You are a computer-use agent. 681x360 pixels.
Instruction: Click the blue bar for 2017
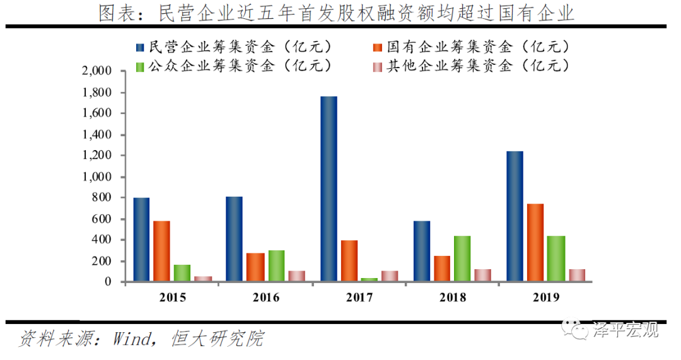(x=329, y=189)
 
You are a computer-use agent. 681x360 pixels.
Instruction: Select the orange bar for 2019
(x=535, y=242)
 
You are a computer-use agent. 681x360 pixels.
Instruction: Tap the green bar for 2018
(x=462, y=258)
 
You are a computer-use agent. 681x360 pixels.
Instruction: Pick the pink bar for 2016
(x=296, y=276)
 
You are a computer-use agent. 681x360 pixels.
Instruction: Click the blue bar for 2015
(x=141, y=240)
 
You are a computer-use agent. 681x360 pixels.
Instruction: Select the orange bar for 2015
(x=162, y=251)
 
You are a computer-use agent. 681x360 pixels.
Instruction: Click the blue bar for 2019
(x=515, y=216)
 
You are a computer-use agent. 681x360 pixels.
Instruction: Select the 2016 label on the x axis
(x=265, y=297)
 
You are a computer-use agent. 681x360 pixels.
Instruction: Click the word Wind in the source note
(x=131, y=339)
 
